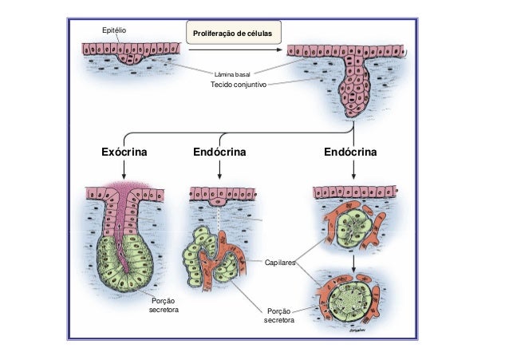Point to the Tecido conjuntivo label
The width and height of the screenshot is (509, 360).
tap(238, 84)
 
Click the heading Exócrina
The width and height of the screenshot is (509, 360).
tap(124, 151)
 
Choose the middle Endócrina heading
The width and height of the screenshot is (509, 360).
tap(219, 151)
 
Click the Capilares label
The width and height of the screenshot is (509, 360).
tap(279, 262)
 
